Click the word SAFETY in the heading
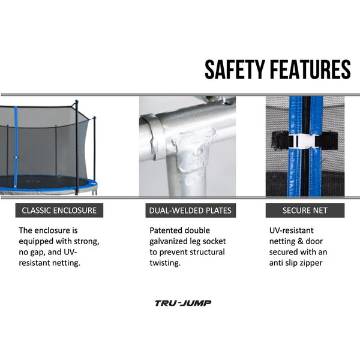[235, 70]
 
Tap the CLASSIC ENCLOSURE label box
[59, 211]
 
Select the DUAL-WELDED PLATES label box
[191, 211]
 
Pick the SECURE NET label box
[305, 211]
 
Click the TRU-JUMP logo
[183, 303]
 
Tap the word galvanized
[169, 242]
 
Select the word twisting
[165, 263]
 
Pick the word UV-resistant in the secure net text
[292, 230]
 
